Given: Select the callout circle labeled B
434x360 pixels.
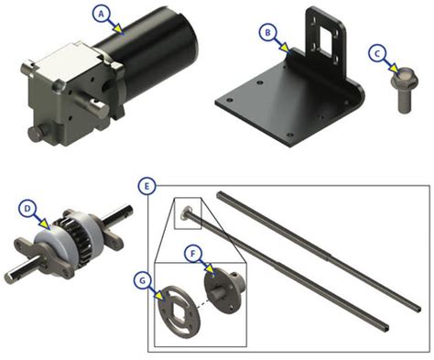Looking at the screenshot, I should pos(267,33).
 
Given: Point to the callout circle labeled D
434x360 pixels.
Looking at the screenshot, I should pos(28,209).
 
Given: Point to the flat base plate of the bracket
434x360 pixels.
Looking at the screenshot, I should pos(275,105).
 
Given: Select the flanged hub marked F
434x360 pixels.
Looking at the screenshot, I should pos(224,289).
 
